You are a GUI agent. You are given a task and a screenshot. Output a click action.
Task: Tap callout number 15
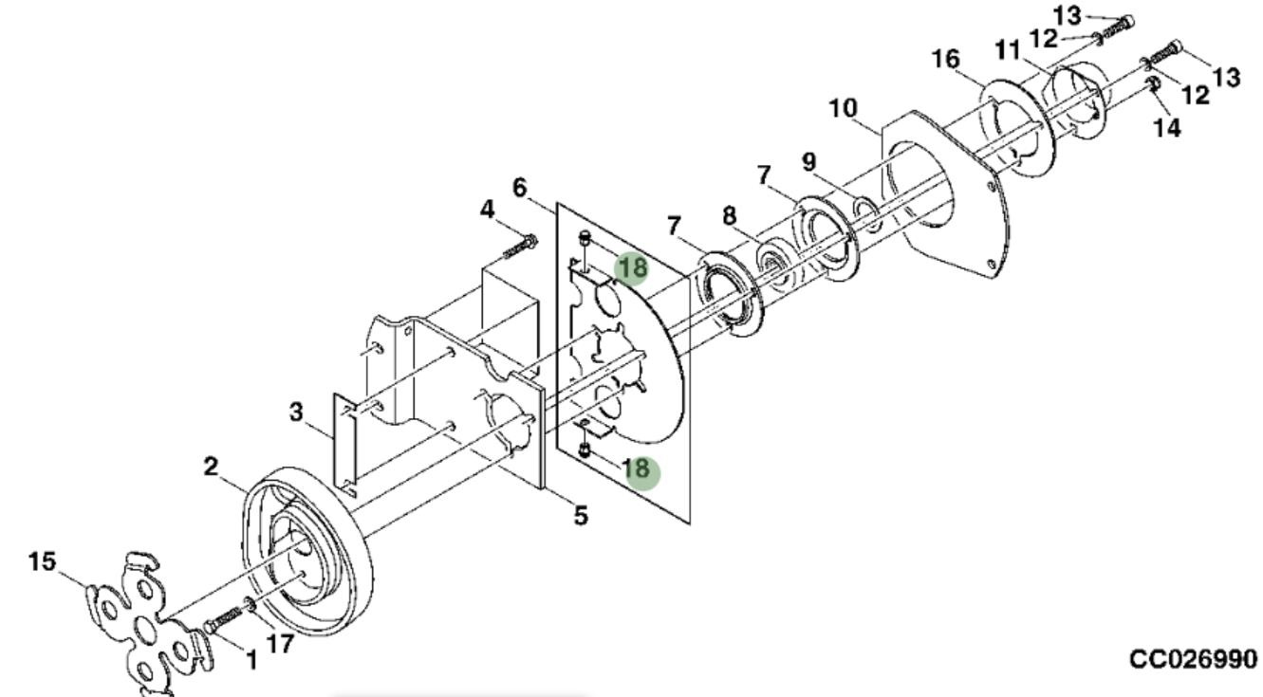click(x=43, y=561)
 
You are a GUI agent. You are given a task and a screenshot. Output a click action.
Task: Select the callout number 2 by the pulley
click(x=211, y=467)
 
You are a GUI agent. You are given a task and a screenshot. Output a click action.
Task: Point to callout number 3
click(x=296, y=412)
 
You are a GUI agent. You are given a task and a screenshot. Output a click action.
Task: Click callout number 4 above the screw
click(x=487, y=211)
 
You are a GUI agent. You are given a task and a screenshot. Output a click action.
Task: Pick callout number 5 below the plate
click(x=581, y=515)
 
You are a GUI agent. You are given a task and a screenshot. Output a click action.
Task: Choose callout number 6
click(x=520, y=188)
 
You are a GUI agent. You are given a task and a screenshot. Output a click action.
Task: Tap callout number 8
click(x=729, y=216)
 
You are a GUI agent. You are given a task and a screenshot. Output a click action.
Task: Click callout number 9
click(x=809, y=162)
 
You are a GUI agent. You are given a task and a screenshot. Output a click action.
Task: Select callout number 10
click(x=843, y=108)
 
